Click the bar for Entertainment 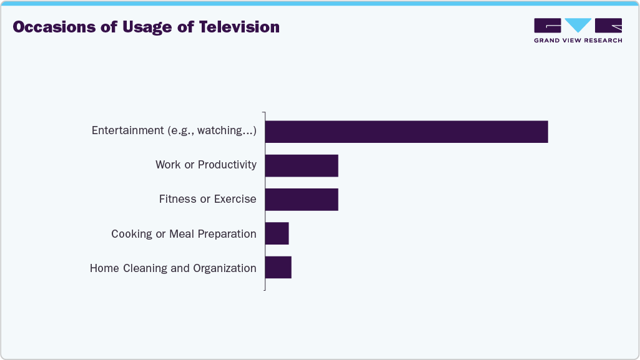click(406, 132)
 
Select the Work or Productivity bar click(302, 165)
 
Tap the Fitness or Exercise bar click(302, 199)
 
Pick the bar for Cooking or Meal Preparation click(277, 233)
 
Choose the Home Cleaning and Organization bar click(278, 267)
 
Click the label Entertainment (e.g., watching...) click(174, 130)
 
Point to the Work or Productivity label click(205, 165)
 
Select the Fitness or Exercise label click(207, 199)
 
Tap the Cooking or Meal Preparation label click(184, 234)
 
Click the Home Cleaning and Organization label click(173, 268)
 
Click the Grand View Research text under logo click(578, 41)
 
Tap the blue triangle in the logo click(578, 25)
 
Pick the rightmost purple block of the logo click(608, 25)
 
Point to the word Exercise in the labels click(235, 199)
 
